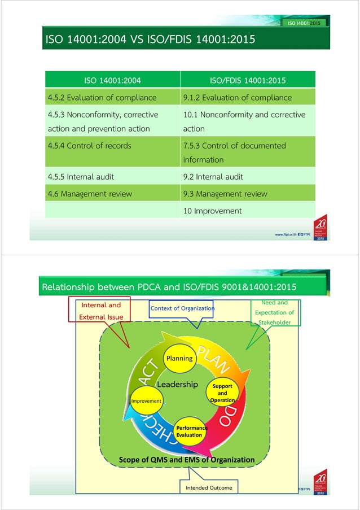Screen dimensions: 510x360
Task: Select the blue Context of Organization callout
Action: click(x=182, y=308)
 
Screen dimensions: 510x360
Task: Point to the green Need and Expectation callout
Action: click(x=274, y=312)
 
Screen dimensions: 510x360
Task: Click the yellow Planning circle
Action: click(x=179, y=358)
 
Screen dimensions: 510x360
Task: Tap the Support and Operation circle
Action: click(x=222, y=393)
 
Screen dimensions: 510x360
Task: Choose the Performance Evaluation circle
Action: click(x=191, y=431)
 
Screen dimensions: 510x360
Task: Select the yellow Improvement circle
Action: click(x=146, y=400)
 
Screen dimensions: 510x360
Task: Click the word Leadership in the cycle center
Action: click(x=177, y=385)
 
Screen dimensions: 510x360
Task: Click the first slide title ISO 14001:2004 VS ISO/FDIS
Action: click(x=150, y=40)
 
